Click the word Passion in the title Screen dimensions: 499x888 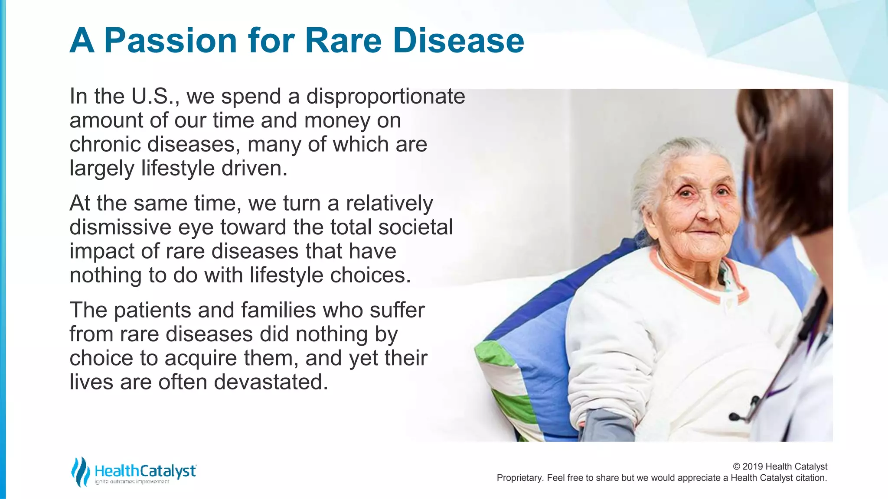tap(170, 41)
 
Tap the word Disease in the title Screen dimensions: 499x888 tap(458, 41)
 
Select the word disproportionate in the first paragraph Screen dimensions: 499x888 tap(385, 96)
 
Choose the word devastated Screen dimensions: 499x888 tap(271, 382)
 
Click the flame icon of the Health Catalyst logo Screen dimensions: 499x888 tap(80, 471)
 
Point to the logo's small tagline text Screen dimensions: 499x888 tap(132, 482)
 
